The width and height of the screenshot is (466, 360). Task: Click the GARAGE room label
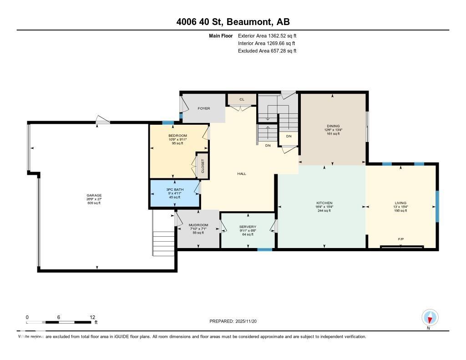coord(94,195)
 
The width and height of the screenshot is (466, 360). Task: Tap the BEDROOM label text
coord(177,136)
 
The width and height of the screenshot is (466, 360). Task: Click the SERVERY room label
coord(248,227)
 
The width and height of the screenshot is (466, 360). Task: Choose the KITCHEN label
coord(324,203)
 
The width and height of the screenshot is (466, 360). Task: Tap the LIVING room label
coord(400,203)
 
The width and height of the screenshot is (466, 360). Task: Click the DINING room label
coord(333,126)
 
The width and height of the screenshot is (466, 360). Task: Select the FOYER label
coord(203,109)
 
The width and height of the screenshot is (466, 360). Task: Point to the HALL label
coord(242,173)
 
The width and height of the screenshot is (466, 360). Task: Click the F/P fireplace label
coord(400,239)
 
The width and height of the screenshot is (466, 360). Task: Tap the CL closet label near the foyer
coord(241,99)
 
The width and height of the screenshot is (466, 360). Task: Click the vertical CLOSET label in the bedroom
coord(203,166)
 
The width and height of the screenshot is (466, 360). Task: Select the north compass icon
coord(430,318)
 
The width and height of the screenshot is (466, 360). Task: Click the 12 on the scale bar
coord(92,317)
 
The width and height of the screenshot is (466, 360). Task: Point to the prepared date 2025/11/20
coord(249,321)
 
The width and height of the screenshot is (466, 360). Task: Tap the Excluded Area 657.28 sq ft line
coord(267,51)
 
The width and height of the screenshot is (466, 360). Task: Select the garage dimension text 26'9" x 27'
coord(94,199)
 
